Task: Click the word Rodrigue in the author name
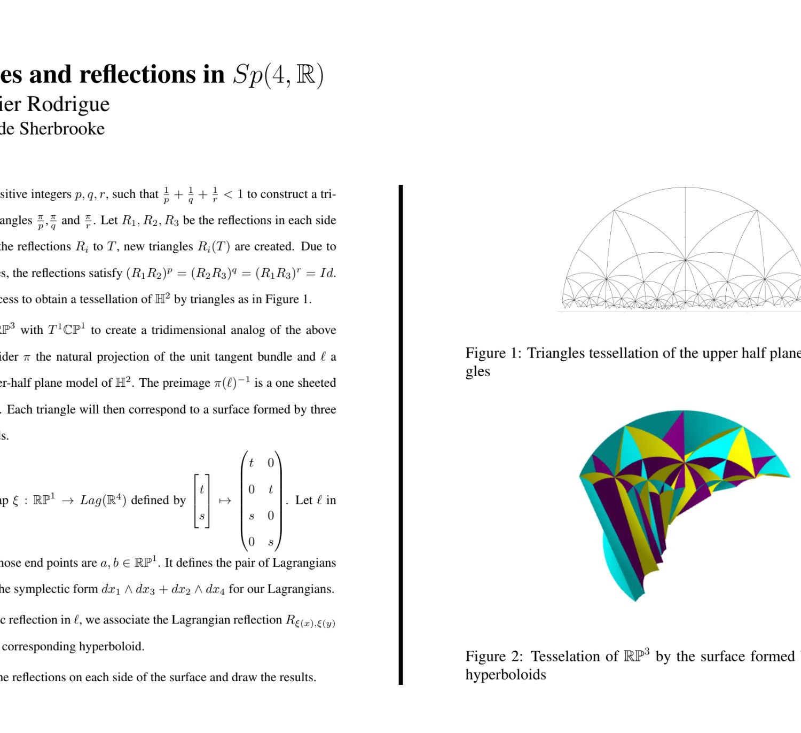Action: point(68,104)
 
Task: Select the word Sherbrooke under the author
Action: point(62,129)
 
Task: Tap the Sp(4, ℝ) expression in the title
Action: point(278,75)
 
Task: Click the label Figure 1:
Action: point(493,353)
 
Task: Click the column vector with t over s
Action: point(202,502)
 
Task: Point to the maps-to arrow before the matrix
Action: point(225,501)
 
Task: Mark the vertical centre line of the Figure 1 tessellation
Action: point(686,248)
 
